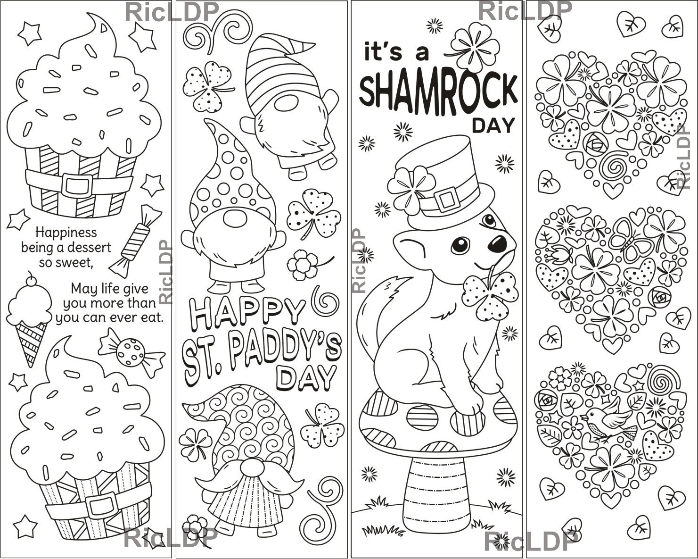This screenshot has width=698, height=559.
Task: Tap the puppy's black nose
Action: click(498, 242)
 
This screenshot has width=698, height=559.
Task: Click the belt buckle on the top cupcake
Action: click(77, 185)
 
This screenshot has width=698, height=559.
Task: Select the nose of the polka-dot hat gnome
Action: click(234, 219)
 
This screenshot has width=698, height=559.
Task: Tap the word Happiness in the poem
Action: click(66, 232)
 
